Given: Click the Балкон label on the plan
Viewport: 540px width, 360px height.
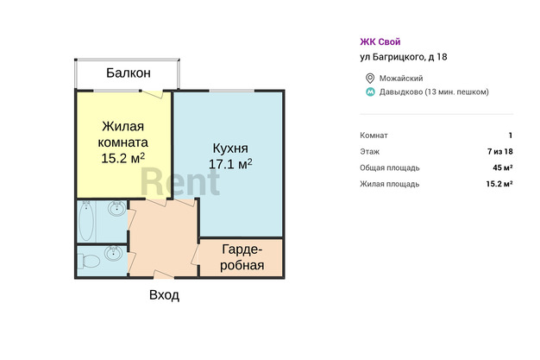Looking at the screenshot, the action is (x=129, y=73).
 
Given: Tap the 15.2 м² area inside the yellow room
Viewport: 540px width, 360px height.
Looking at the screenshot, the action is (x=123, y=158).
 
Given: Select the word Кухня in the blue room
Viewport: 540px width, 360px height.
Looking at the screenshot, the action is (x=230, y=148).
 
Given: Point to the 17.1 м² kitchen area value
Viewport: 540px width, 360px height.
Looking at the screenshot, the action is (x=230, y=164).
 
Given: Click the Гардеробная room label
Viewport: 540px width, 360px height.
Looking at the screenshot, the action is (x=242, y=257).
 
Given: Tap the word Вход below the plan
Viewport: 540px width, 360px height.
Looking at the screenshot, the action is (x=164, y=295).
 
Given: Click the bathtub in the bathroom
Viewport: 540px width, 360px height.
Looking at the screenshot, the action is (x=86, y=221).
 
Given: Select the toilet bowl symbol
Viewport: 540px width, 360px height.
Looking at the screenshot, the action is (x=89, y=261).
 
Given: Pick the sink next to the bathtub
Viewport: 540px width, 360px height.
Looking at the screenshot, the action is (x=117, y=208).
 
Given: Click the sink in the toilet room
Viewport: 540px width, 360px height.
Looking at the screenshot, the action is (x=113, y=253).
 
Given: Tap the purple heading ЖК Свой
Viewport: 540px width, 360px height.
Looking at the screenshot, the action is (x=380, y=41).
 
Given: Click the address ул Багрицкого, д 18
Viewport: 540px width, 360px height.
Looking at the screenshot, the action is (x=404, y=57).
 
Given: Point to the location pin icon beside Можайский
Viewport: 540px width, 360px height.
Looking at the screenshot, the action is (x=370, y=79).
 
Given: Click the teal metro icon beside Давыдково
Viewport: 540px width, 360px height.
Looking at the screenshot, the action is (x=370, y=92).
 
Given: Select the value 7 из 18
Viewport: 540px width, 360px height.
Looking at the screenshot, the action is (x=500, y=151).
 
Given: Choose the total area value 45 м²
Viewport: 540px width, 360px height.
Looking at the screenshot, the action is (x=503, y=167).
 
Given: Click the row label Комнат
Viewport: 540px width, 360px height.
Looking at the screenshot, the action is (x=374, y=136).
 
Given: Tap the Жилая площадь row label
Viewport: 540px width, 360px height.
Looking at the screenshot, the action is (x=390, y=184).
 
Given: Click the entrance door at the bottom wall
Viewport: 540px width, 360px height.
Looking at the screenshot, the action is (x=163, y=275).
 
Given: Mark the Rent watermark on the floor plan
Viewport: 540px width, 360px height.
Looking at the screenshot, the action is (x=180, y=181).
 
